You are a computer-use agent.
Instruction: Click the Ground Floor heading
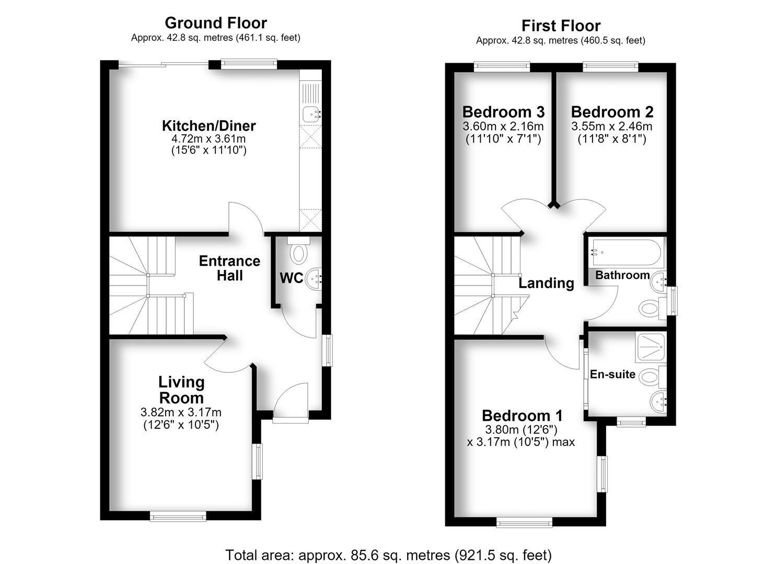[x=216, y=23]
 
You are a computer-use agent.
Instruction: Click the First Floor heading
[x=561, y=26]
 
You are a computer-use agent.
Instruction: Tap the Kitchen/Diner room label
[x=209, y=126]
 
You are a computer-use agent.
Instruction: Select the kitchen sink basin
[x=311, y=114]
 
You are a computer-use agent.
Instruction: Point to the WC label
[x=292, y=278]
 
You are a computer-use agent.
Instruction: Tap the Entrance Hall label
[x=229, y=268]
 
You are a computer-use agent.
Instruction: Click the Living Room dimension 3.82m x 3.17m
[x=181, y=413]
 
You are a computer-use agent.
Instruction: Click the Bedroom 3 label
[x=503, y=112]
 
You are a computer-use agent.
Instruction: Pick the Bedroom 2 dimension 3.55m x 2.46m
[x=612, y=126]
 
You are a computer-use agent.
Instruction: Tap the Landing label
[x=546, y=283]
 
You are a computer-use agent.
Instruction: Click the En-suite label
[x=612, y=374]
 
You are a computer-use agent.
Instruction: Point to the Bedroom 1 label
[x=523, y=416]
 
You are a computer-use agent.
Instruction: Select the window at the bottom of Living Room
[x=178, y=517]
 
